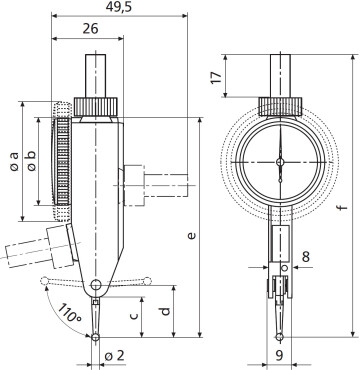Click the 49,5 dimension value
[119, 6]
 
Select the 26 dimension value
[90, 29]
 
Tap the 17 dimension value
[217, 77]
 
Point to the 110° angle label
[70, 313]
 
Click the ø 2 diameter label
[114, 356]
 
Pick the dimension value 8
[306, 257]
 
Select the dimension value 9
[279, 355]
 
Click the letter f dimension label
[342, 208]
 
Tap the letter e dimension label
[191, 236]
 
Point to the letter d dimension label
[165, 311]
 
